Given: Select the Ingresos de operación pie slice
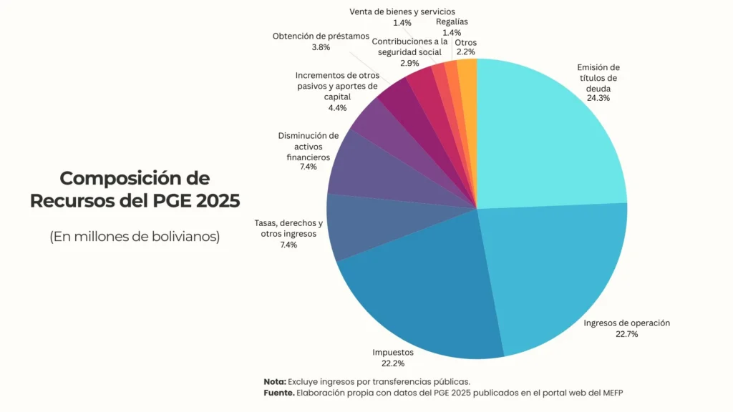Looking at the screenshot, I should coord(555,272).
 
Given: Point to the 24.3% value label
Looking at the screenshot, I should coord(598,98).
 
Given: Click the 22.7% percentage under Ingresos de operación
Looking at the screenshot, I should coord(626,334).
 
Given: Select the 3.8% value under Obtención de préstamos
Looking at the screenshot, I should coord(321,47).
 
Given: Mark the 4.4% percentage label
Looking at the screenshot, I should coord(336,108).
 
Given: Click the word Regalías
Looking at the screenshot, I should coord(452,22).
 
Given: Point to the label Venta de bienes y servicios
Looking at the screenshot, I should coord(402,12).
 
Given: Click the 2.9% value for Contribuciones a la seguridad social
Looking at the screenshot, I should coord(409,63).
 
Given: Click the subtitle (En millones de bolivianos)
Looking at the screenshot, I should coord(135,237).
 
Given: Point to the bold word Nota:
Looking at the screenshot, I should coord(274,381).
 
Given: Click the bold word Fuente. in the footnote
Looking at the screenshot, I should coord(278,393).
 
